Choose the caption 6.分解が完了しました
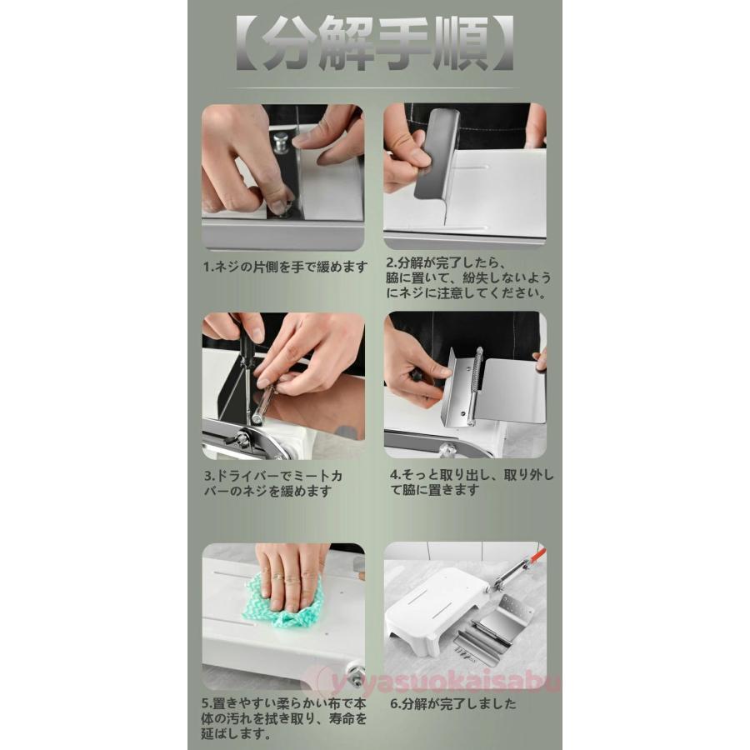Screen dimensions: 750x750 point(453,703)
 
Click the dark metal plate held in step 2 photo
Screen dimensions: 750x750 point(437,155)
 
